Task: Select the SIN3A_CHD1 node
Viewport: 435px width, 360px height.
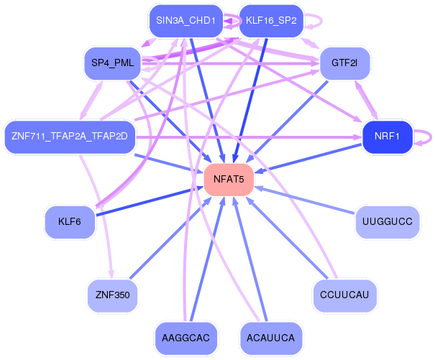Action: pos(185,20)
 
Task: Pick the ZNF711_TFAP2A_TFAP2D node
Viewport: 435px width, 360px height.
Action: pos(70,136)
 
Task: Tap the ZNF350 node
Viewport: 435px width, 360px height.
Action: pos(112,295)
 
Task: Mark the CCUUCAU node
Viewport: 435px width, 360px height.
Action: pos(344,295)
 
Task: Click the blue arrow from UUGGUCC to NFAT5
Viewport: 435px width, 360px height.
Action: pos(309,201)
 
